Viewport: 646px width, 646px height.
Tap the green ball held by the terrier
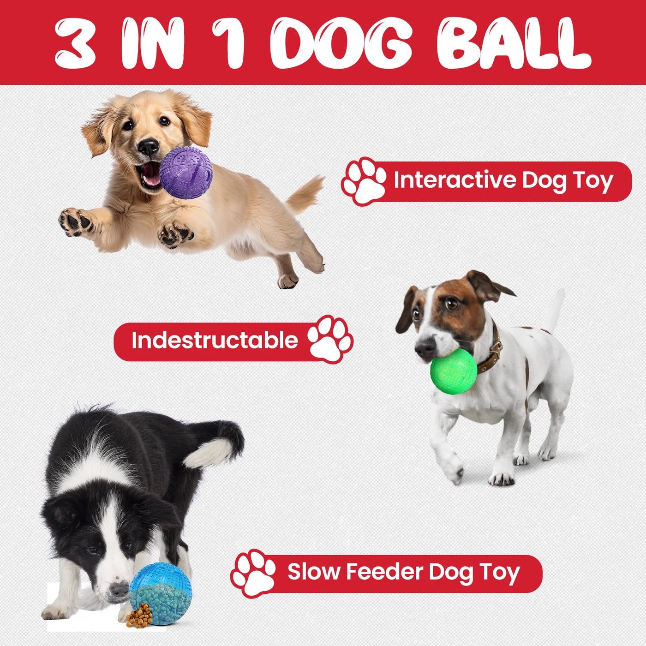pos(454,371)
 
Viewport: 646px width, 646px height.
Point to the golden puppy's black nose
pos(148,146)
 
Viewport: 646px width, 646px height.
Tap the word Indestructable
pos(215,340)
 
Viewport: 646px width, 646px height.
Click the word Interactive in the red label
pos(455,179)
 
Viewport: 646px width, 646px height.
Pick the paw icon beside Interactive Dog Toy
pos(364,181)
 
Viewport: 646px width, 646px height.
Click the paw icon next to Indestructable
pos(330,339)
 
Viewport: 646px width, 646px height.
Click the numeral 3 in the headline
pos(74,42)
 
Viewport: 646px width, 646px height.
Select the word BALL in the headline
pos(514,42)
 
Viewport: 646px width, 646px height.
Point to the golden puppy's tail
pos(303,194)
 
